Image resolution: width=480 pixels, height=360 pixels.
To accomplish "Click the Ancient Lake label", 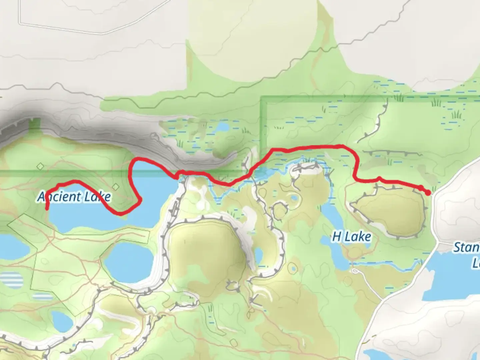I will click(x=74, y=197).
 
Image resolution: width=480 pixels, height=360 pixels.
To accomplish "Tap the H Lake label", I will click(x=351, y=237).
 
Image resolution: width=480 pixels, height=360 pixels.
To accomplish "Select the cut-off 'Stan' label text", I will click(x=466, y=248).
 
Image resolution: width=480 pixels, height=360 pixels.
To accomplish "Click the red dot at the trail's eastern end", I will click(x=428, y=192).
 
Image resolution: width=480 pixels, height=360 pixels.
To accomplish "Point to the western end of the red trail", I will click(x=47, y=208).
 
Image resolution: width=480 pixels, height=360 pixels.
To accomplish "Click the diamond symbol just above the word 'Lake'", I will click(x=115, y=186).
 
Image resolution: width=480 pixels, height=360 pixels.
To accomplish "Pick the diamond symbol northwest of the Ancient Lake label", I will click(x=40, y=166).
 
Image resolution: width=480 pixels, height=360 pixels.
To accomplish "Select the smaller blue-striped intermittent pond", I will click(x=43, y=296).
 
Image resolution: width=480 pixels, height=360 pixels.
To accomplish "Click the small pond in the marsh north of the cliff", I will click(x=223, y=127).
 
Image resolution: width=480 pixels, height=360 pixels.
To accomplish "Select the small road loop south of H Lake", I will click(x=355, y=271).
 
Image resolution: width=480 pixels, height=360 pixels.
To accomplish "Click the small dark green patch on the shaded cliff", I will click(x=34, y=125).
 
